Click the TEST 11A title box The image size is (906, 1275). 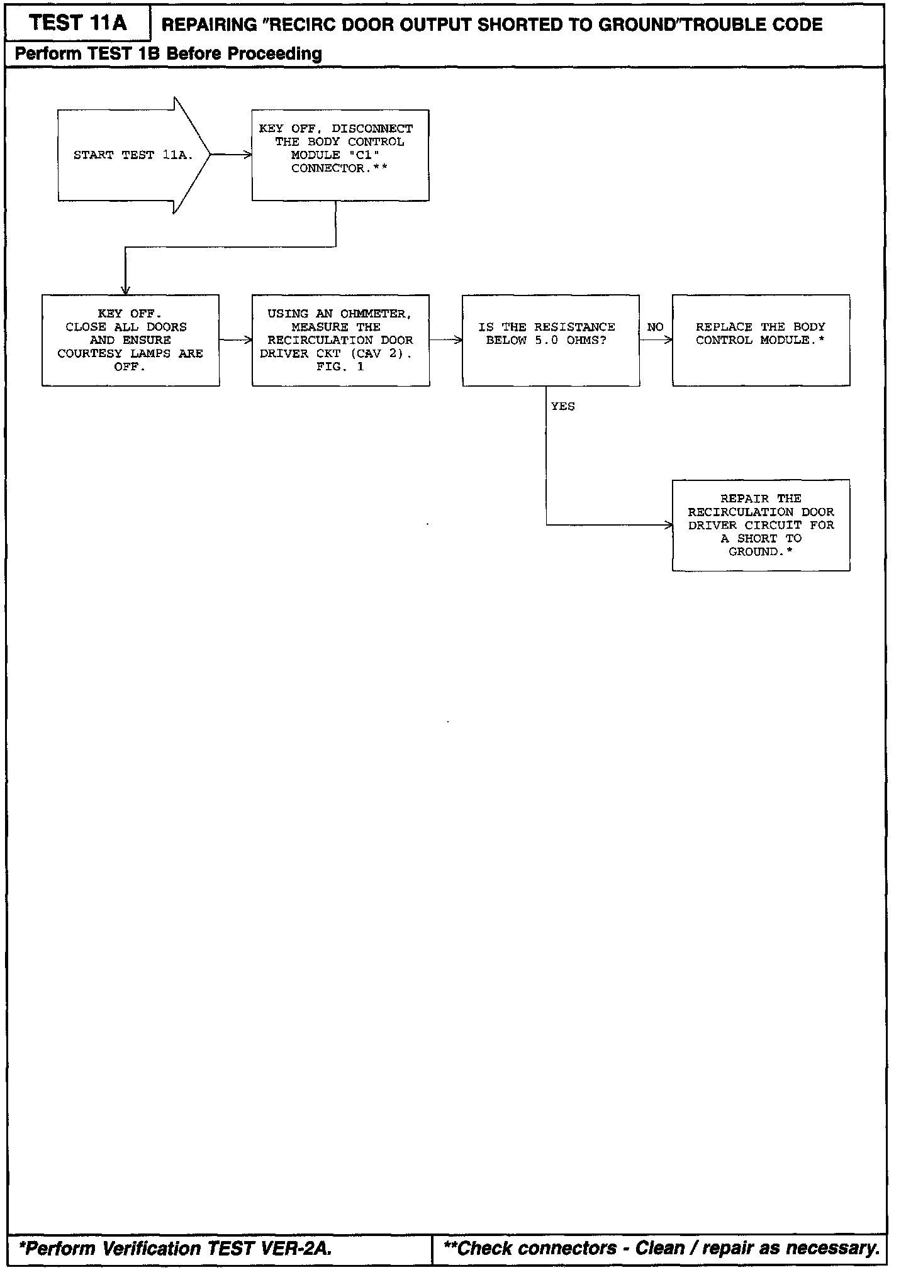point(78,24)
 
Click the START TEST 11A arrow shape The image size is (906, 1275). point(132,155)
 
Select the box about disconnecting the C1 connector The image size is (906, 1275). point(340,155)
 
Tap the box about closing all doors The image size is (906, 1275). point(130,340)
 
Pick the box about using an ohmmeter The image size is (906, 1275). point(340,340)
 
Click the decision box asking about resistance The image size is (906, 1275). point(551,340)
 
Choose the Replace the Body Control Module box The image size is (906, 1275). point(761,340)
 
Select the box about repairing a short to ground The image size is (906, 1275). point(761,525)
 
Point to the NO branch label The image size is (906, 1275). point(655,327)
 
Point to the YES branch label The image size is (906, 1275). point(562,407)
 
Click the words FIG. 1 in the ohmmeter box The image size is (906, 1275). point(340,367)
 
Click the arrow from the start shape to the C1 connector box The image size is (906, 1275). point(231,155)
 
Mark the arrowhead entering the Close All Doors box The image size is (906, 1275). point(125,290)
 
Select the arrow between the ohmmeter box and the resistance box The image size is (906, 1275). point(446,340)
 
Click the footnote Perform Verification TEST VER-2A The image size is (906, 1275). point(176,1248)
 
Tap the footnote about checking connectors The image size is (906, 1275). point(661,1248)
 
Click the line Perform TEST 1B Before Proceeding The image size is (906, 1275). point(168,54)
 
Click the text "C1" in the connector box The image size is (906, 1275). point(364,155)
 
